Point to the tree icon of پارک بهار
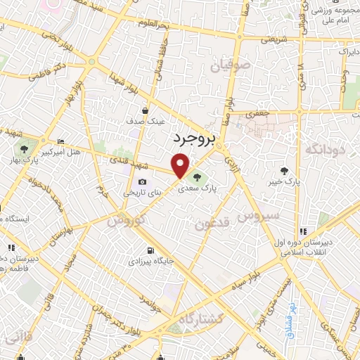click(25, 149)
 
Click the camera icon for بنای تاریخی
click(142, 182)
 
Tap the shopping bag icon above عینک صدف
click(146, 110)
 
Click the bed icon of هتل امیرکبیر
click(60, 141)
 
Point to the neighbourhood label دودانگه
click(323, 150)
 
